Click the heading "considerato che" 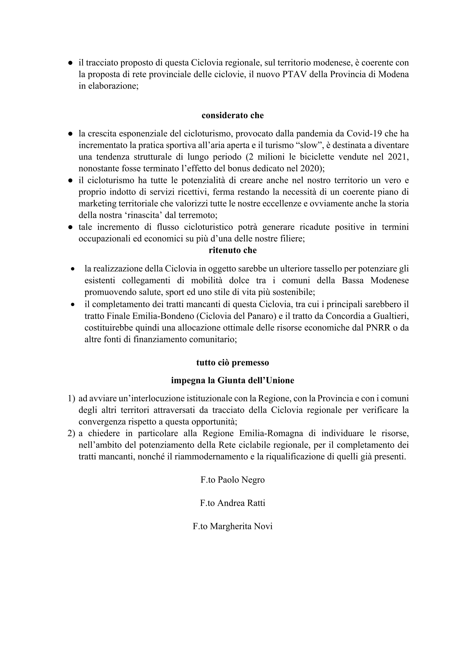click(x=232, y=116)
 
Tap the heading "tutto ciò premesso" click(x=232, y=363)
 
